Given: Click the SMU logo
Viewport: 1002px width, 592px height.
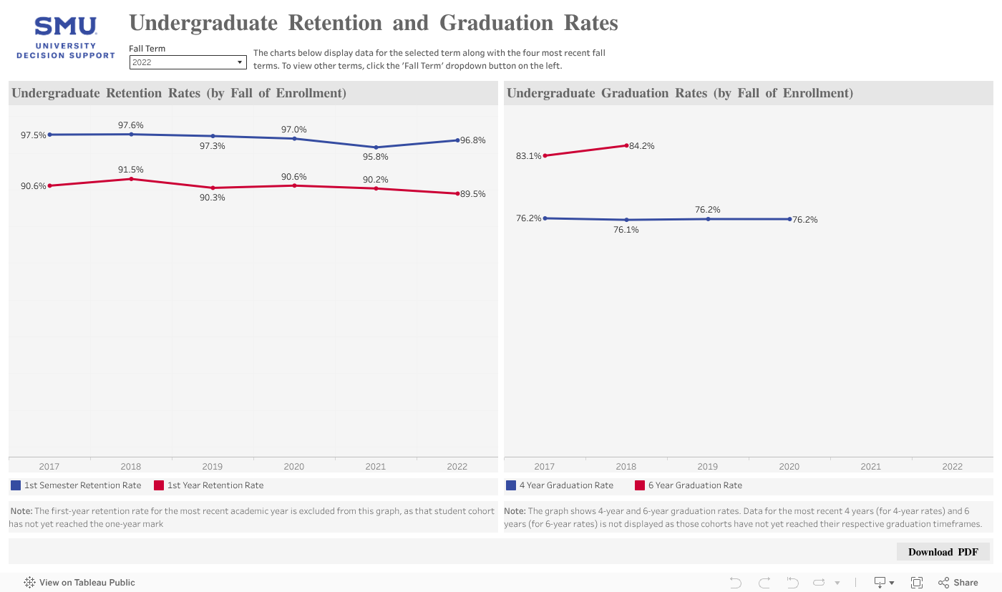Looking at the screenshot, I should pos(65,38).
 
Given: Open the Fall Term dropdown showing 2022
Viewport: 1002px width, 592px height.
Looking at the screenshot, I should pos(188,62).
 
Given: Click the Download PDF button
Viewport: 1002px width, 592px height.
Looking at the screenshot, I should pos(943,552).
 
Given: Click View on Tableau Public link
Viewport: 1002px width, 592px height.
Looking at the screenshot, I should pos(79,582).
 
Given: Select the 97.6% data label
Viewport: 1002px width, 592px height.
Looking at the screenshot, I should pos(131,125).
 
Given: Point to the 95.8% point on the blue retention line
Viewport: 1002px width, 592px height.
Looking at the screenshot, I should pos(376,147).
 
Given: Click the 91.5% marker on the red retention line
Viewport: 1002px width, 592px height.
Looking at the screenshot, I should pos(131,179).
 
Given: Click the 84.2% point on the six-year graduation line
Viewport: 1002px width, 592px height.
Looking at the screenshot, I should pos(626,145).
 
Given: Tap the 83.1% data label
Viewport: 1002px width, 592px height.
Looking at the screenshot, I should pos(528,155).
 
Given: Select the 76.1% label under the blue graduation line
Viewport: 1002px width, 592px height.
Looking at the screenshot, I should pos(626,230).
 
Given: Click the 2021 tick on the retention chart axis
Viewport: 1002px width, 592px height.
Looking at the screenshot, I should pos(376,466).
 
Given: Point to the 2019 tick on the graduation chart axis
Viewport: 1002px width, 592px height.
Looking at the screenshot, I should pos(708,466).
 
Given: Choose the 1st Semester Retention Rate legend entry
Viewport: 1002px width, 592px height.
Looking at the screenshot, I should pos(76,485).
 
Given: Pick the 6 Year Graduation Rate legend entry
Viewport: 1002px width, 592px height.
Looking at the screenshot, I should pos(689,485).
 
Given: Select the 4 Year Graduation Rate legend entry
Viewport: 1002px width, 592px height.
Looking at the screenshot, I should pos(560,485).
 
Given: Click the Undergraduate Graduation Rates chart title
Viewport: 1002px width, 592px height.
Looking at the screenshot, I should pos(680,93).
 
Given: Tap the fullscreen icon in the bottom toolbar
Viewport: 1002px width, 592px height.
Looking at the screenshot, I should pos(917,582).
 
